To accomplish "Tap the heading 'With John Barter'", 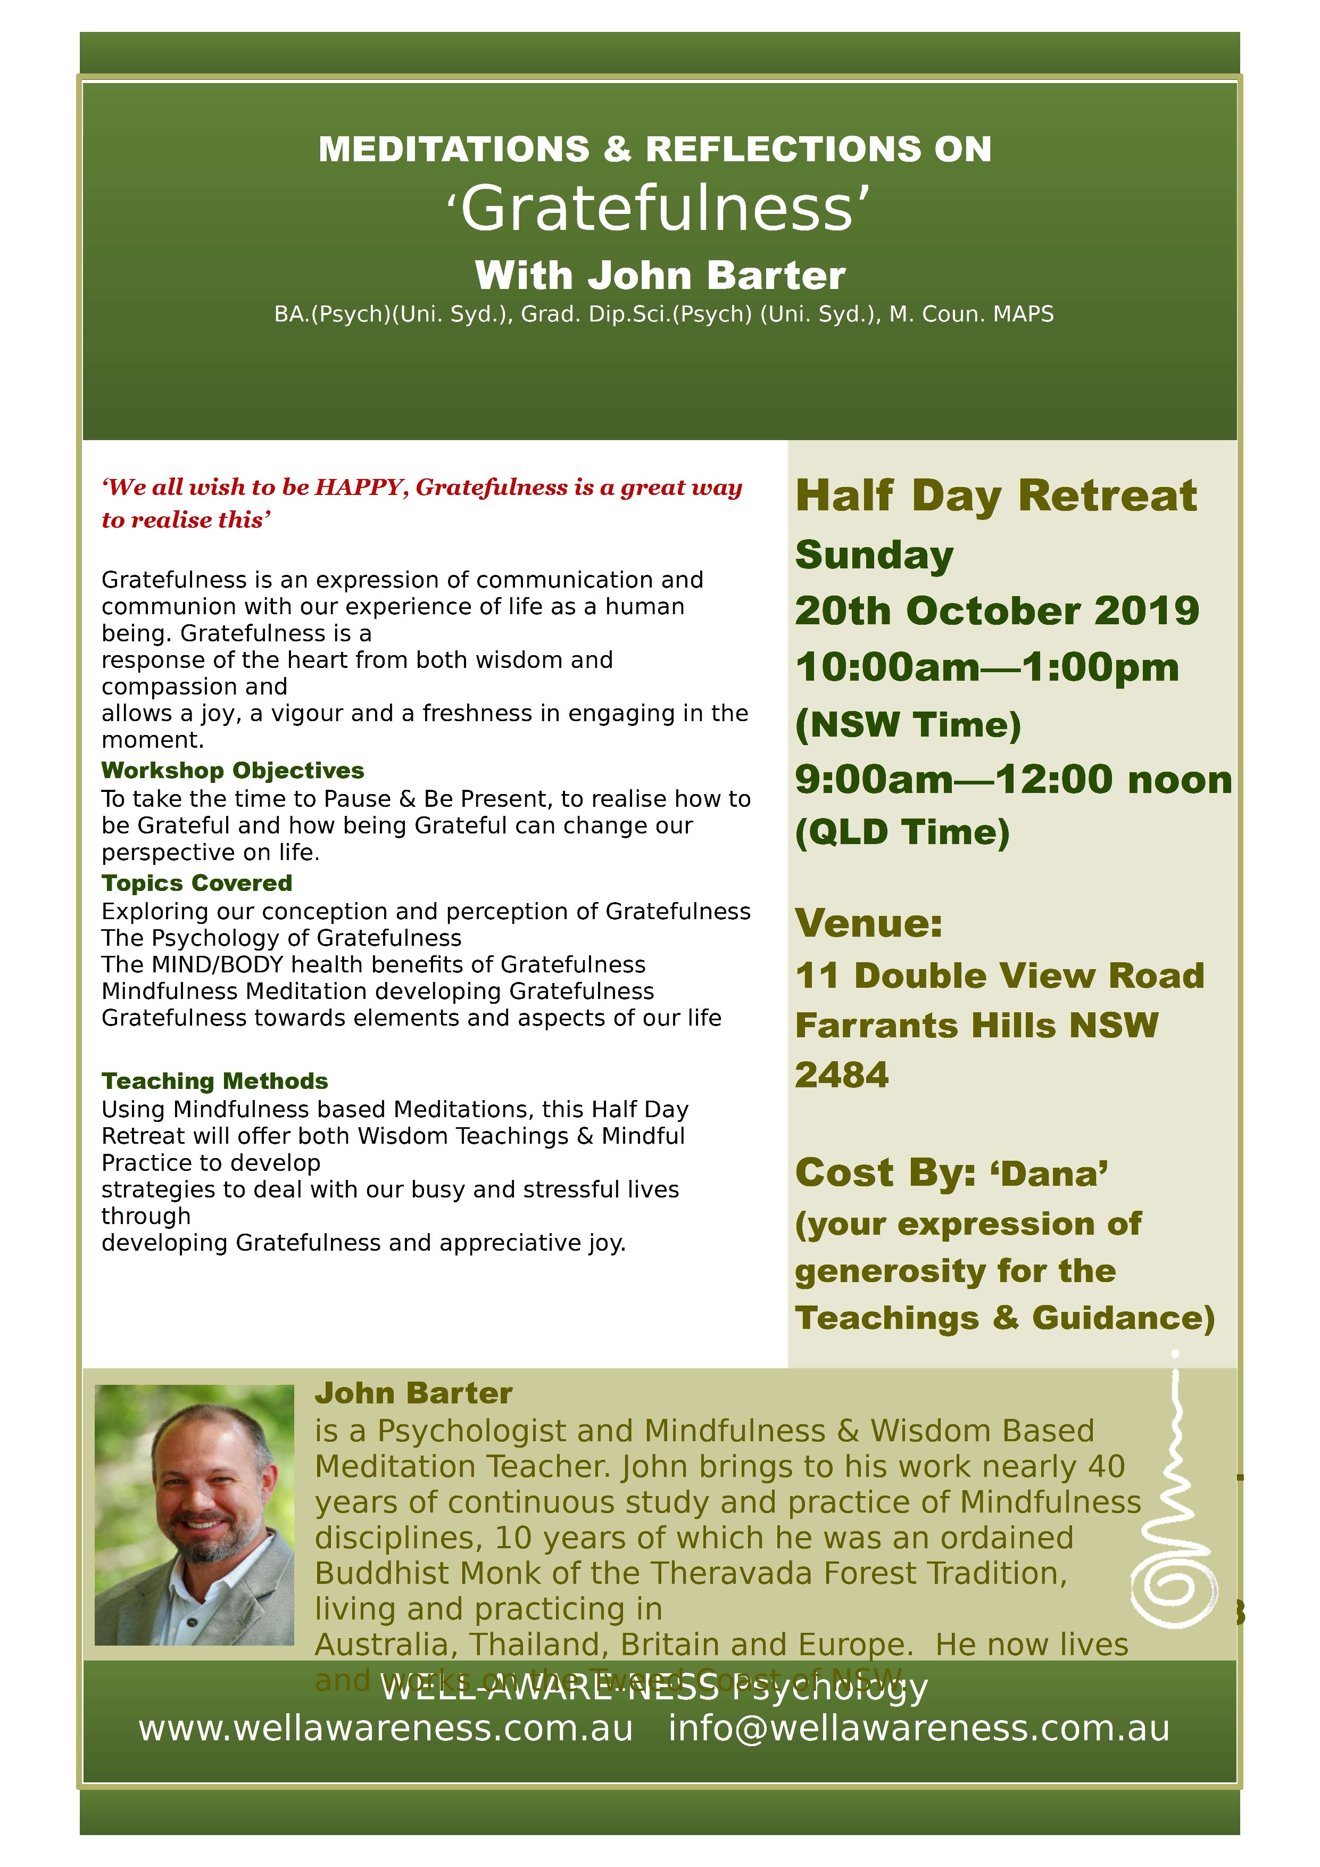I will click(x=659, y=276).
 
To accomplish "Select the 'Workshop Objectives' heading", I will click(x=233, y=770).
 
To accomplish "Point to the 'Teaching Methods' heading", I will click(x=214, y=1081).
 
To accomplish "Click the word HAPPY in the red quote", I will click(x=360, y=487).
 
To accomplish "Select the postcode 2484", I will click(x=842, y=1075).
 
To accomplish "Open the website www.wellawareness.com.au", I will click(x=385, y=1729).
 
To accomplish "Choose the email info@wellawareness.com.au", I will click(x=918, y=1729).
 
